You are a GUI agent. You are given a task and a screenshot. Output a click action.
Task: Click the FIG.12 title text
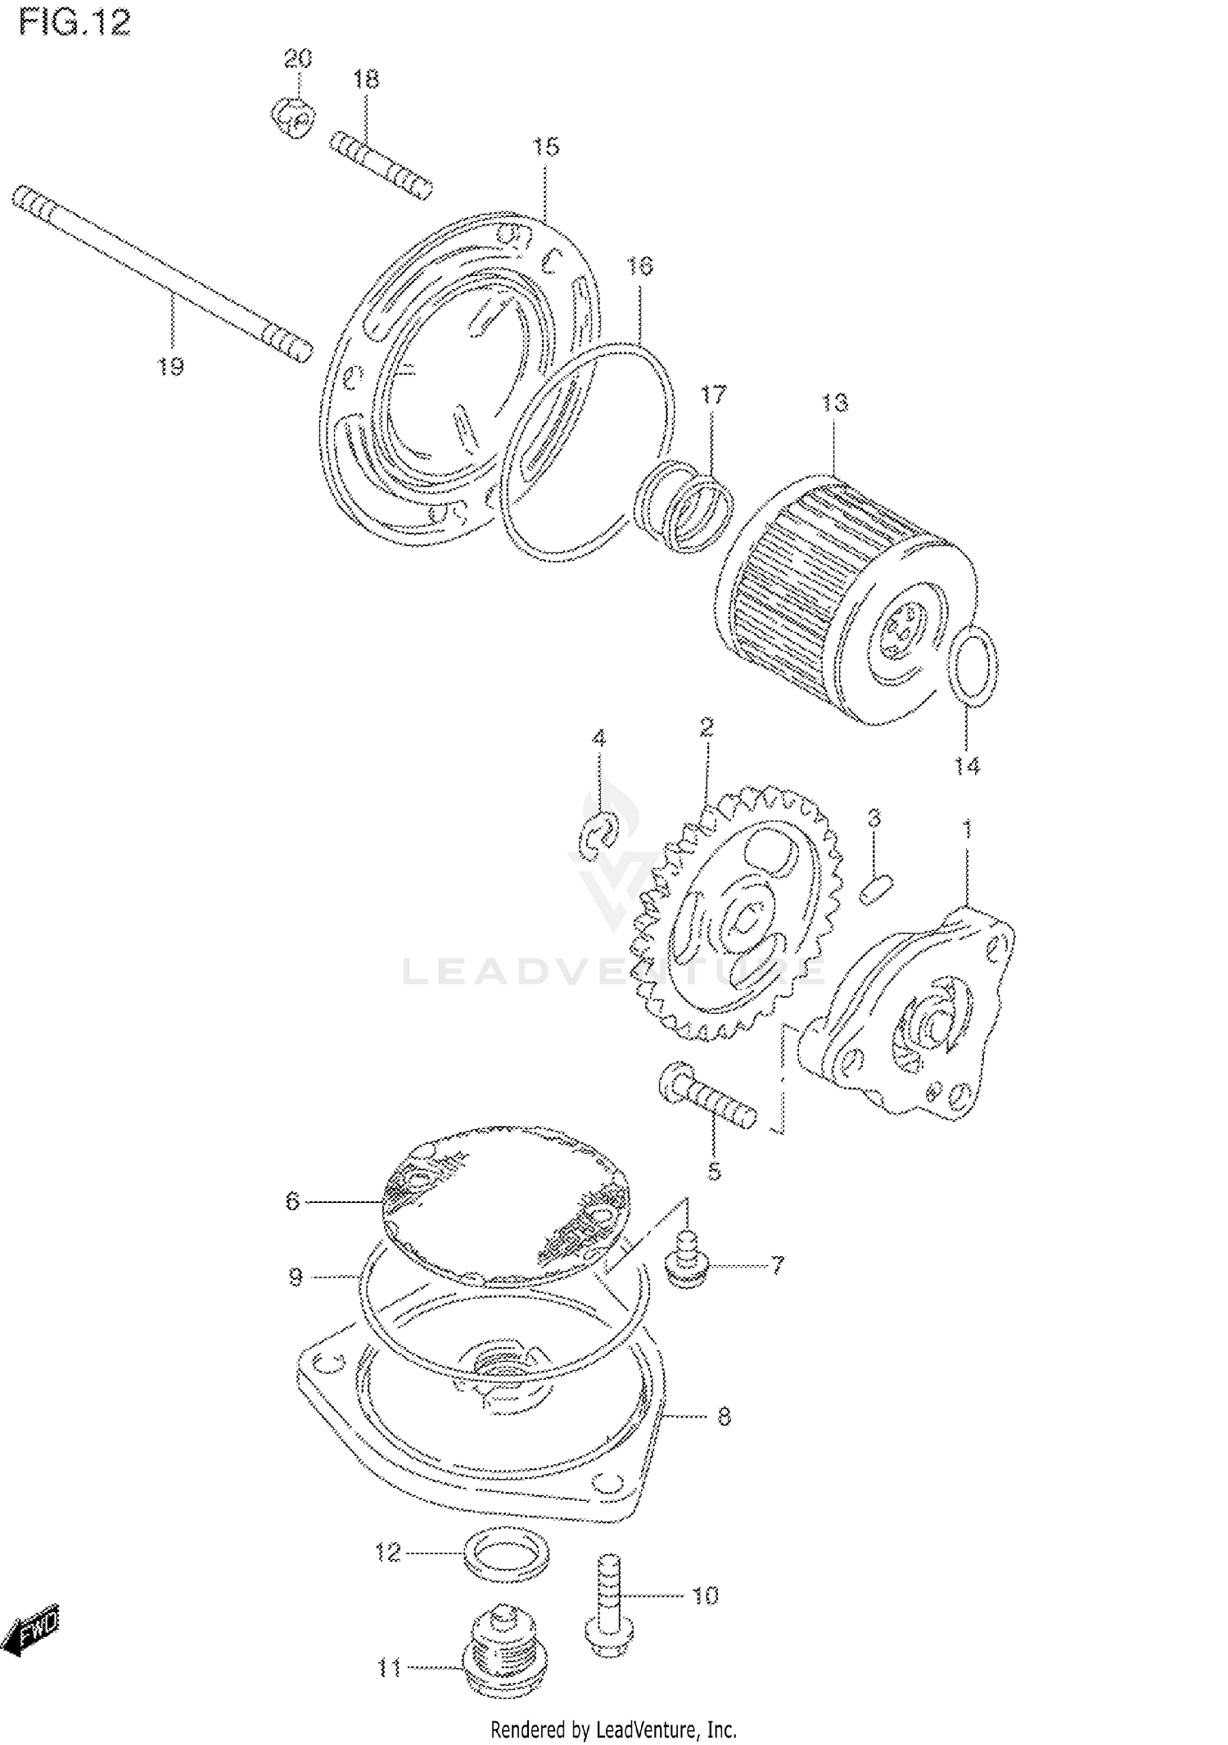74,23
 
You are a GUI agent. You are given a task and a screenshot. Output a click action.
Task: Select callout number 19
170,367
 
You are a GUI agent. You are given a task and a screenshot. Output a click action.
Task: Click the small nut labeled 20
292,117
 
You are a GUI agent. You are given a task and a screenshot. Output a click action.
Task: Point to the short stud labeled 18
380,165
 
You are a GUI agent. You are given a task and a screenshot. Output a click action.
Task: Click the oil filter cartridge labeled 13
843,598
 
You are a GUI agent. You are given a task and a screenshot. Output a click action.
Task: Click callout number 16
639,266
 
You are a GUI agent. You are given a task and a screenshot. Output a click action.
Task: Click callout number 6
292,1201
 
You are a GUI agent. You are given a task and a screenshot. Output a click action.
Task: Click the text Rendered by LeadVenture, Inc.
613,1729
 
